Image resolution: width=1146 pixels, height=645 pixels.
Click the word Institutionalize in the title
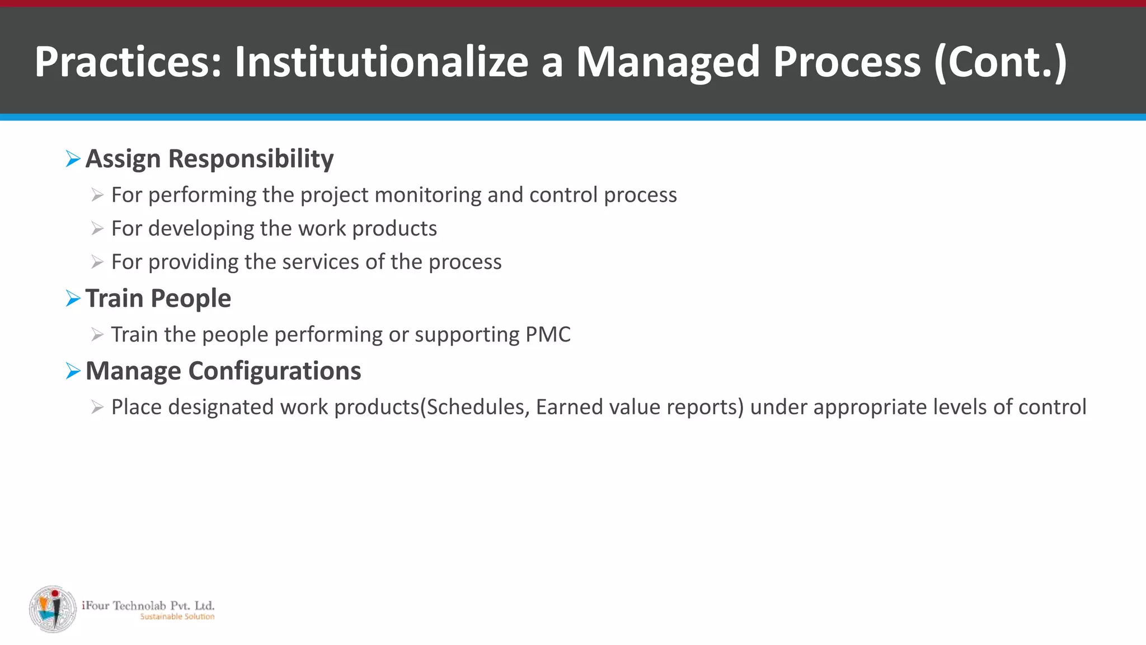(381, 62)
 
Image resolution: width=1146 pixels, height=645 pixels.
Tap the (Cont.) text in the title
(1000, 62)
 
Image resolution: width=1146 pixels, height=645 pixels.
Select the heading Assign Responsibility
(209, 159)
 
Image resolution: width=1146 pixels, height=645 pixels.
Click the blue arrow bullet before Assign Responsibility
(73, 159)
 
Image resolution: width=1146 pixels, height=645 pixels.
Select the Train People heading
(158, 298)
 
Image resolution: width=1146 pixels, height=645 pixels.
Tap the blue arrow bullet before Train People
(73, 298)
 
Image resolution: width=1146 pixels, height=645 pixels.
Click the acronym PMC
(548, 335)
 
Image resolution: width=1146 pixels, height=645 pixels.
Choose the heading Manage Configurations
(223, 371)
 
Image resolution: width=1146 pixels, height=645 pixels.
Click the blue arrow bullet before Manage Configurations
(73, 371)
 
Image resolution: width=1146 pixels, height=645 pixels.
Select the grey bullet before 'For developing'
(97, 229)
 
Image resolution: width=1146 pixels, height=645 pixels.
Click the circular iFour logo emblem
(53, 609)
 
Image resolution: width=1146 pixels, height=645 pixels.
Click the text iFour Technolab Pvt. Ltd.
(148, 605)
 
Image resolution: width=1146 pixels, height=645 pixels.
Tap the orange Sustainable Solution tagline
(177, 617)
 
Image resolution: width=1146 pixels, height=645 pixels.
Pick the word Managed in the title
(668, 62)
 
